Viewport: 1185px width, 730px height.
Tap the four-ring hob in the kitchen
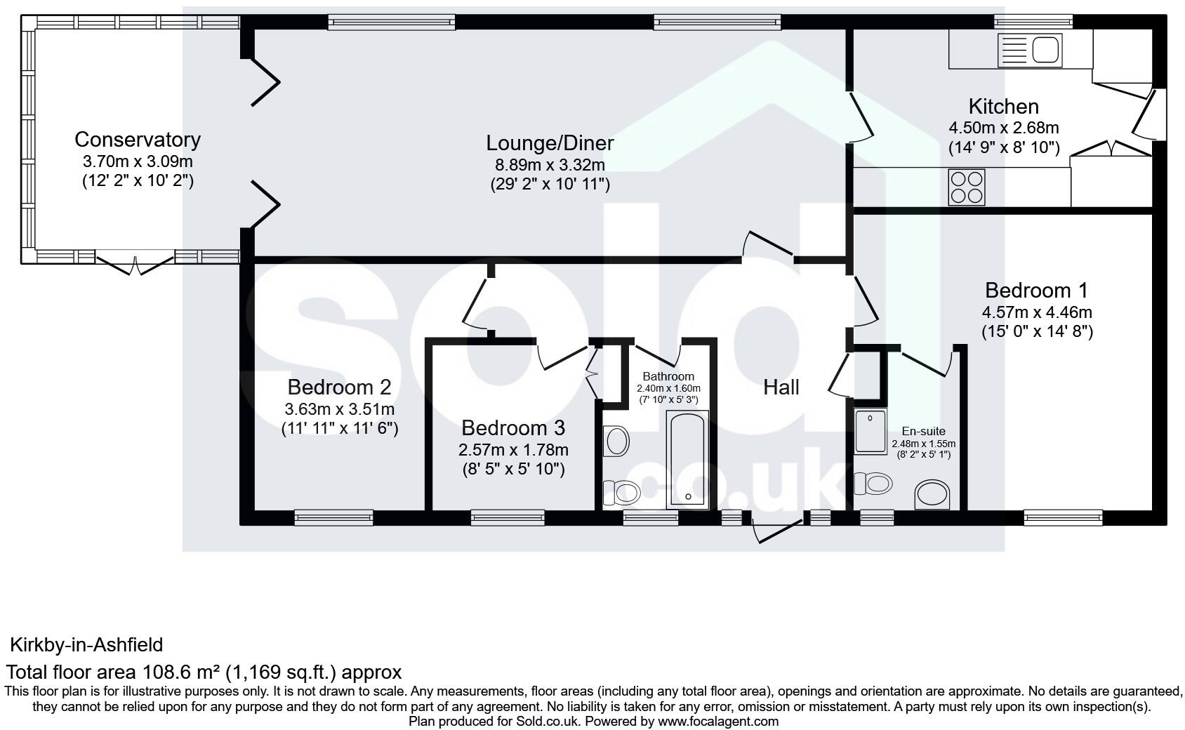[967, 187]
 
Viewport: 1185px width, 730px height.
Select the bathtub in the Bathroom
[688, 460]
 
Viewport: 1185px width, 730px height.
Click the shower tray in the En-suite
[871, 432]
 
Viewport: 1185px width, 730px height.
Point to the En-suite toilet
[873, 484]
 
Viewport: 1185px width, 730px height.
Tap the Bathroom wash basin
[617, 442]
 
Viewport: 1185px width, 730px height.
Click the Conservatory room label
[138, 140]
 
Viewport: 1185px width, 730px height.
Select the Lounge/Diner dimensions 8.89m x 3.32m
[550, 165]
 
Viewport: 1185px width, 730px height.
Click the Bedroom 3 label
[512, 428]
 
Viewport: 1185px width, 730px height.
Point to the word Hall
[781, 387]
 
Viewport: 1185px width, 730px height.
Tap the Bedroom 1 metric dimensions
[1036, 312]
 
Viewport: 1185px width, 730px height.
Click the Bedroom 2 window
[333, 518]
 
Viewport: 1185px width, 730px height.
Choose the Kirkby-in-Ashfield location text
[86, 644]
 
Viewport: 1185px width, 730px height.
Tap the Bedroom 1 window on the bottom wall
[1062, 518]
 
